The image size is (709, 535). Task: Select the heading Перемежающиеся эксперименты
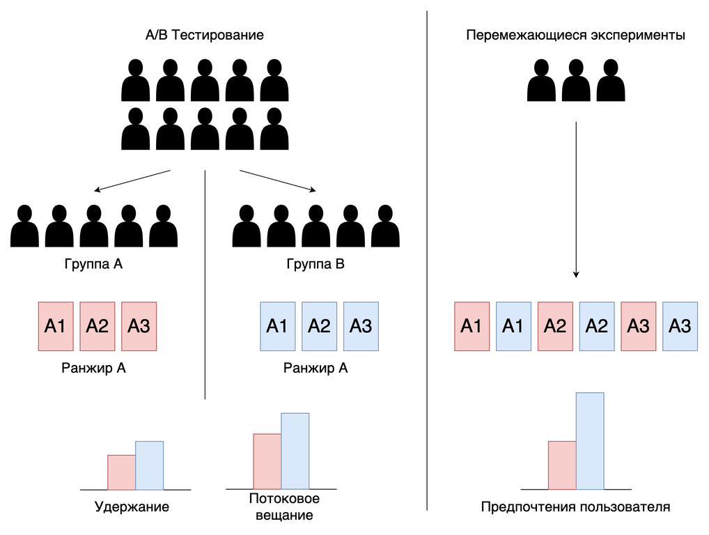pyautogui.click(x=575, y=35)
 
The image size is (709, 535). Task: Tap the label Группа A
pyautogui.click(x=93, y=265)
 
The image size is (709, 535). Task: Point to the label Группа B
pyautogui.click(x=315, y=265)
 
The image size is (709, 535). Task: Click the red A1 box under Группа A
pyautogui.click(x=55, y=325)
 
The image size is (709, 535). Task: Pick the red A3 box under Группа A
pyautogui.click(x=139, y=325)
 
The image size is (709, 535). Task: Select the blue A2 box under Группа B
pyautogui.click(x=319, y=325)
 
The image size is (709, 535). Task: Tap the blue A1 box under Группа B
pyautogui.click(x=277, y=325)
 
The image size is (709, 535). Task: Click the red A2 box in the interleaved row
pyautogui.click(x=555, y=325)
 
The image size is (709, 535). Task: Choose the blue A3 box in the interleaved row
pyautogui.click(x=680, y=325)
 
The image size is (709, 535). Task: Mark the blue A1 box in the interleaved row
pyautogui.click(x=513, y=325)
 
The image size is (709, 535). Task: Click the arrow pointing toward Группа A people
pyautogui.click(x=132, y=180)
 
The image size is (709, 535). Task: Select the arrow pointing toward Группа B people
pyautogui.click(x=278, y=180)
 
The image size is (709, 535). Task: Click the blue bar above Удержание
pyautogui.click(x=149, y=465)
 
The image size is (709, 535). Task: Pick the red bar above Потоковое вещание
pyautogui.click(x=267, y=461)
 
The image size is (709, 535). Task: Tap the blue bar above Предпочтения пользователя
pyautogui.click(x=590, y=441)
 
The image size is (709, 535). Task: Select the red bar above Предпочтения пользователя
pyautogui.click(x=562, y=465)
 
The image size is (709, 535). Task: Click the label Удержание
pyautogui.click(x=132, y=506)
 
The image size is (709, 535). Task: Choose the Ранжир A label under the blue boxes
pyautogui.click(x=315, y=369)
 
